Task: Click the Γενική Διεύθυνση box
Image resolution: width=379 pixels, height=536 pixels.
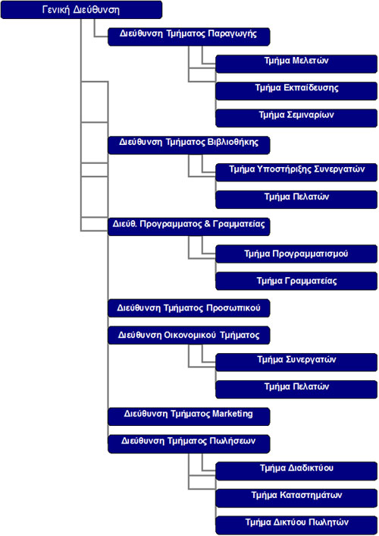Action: tap(81, 10)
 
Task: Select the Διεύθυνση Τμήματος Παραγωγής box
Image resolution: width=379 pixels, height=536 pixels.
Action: tap(189, 36)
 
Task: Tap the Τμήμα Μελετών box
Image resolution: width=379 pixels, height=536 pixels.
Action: tap(296, 64)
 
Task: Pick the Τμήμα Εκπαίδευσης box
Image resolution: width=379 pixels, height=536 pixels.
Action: tap(296, 90)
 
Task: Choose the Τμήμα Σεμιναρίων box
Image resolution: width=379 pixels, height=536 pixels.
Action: tap(296, 118)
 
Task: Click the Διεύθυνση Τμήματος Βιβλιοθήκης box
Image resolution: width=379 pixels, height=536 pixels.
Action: tap(189, 145)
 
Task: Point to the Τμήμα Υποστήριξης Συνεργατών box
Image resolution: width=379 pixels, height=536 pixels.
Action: tap(296, 172)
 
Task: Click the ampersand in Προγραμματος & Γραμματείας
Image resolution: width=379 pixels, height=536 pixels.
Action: tap(207, 224)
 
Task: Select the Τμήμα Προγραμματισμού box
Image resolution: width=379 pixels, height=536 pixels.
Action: tap(296, 254)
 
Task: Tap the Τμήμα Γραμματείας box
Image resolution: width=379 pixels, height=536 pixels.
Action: tap(296, 281)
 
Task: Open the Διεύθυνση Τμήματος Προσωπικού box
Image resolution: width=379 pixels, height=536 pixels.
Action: tap(189, 308)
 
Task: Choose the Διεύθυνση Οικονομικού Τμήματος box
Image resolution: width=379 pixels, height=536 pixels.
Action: tap(189, 335)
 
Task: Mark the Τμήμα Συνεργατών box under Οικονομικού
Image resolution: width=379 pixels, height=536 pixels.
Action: tap(296, 362)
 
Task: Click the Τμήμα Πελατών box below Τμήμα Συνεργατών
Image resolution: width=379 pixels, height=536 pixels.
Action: tap(296, 389)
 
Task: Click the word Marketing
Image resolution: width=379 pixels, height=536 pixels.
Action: tap(233, 414)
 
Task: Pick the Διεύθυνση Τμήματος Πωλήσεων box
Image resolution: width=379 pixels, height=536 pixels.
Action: tap(189, 443)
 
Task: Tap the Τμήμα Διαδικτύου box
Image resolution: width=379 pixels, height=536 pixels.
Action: tap(296, 471)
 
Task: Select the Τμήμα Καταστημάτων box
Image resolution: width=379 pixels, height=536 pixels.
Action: tap(296, 498)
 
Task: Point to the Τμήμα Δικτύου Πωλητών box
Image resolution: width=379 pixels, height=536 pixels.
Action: tap(296, 525)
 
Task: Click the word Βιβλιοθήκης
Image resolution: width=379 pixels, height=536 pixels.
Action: tap(233, 142)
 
